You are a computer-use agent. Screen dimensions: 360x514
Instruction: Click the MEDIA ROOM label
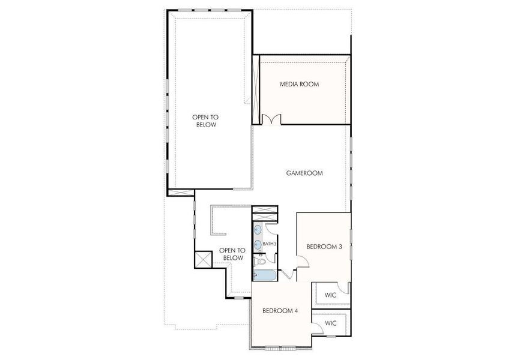click(299, 84)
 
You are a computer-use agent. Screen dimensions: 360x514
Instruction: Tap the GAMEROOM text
click(304, 173)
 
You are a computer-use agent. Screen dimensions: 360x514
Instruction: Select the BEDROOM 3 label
click(324, 246)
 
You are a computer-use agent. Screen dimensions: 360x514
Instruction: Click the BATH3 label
click(270, 244)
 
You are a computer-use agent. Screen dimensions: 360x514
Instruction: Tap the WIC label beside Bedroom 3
click(330, 295)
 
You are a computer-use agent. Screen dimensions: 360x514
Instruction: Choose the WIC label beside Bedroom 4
click(330, 323)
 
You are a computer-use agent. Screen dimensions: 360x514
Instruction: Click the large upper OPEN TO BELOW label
click(205, 121)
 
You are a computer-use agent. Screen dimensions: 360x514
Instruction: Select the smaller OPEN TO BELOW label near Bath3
click(231, 254)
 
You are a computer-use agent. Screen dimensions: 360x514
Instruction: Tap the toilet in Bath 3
click(260, 262)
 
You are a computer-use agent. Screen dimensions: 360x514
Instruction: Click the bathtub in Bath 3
click(265, 275)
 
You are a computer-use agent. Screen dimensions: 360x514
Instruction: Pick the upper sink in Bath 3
click(258, 230)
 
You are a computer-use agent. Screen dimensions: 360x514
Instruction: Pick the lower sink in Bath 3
click(258, 244)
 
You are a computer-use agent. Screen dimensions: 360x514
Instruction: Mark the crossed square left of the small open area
click(203, 259)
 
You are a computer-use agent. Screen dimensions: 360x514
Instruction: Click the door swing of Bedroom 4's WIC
click(316, 325)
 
